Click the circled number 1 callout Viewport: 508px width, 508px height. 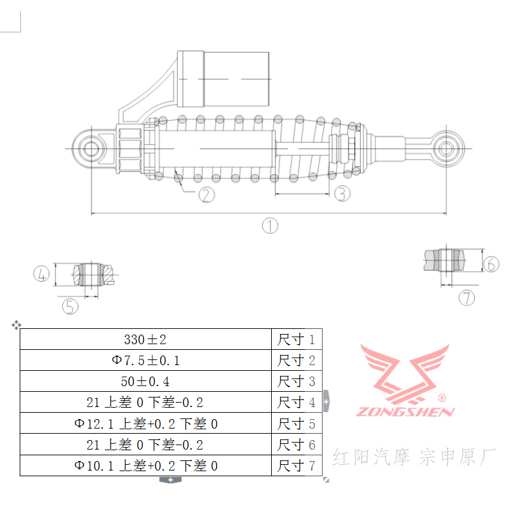(x=271, y=225)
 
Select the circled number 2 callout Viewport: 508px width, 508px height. (x=206, y=194)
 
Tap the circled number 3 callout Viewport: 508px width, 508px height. (x=342, y=193)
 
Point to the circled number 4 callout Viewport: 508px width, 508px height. (x=41, y=274)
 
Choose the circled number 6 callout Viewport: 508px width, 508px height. (x=491, y=264)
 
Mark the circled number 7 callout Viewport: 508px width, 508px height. (x=467, y=297)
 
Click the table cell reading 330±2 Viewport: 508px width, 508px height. (x=145, y=339)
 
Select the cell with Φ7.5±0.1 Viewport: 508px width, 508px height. (x=145, y=360)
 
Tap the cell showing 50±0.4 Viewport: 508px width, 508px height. (x=145, y=381)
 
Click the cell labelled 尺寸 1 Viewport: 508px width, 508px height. (x=297, y=339)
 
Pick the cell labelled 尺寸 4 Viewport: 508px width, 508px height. (x=297, y=402)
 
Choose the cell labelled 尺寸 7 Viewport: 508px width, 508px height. (x=297, y=465)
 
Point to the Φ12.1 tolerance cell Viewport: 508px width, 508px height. (x=145, y=424)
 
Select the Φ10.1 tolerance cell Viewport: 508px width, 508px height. (x=145, y=465)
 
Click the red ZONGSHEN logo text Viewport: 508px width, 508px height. (x=406, y=411)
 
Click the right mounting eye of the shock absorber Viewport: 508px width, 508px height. (x=446, y=149)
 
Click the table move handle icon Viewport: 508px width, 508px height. (x=16, y=325)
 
